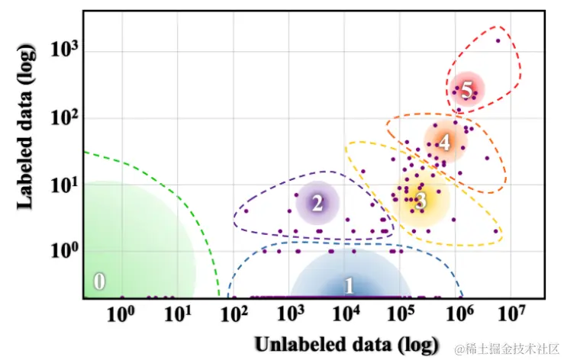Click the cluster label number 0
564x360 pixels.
(99, 281)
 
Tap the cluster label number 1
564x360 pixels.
(350, 286)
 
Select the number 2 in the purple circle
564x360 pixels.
(317, 203)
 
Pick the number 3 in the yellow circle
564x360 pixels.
(421, 201)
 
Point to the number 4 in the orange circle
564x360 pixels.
(444, 141)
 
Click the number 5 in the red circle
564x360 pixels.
(467, 90)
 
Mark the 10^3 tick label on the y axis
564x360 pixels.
(66, 50)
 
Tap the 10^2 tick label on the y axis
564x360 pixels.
(66, 117)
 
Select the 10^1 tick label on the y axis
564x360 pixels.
(66, 185)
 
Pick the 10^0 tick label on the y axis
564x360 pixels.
(66, 251)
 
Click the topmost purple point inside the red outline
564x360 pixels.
(498, 40)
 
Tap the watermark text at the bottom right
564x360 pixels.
(506, 349)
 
